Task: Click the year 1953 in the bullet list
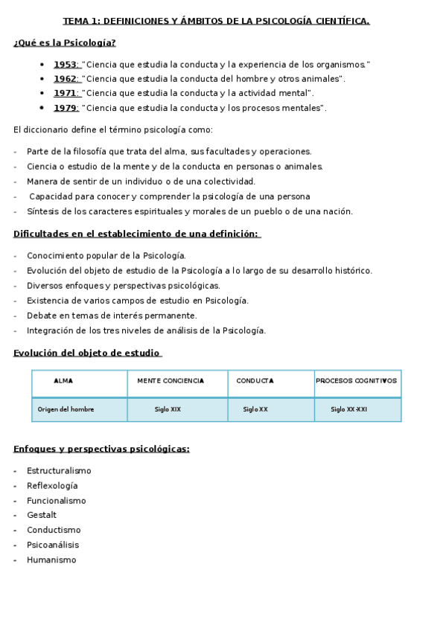pyautogui.click(x=66, y=65)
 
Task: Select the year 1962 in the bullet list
pyautogui.click(x=66, y=79)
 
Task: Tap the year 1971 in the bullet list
pyautogui.click(x=66, y=93)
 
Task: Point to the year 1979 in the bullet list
pyautogui.click(x=66, y=108)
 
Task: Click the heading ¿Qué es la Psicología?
pyautogui.click(x=65, y=42)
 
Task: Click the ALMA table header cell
pyautogui.click(x=63, y=381)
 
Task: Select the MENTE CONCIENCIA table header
pyautogui.click(x=171, y=381)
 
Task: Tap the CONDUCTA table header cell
pyautogui.click(x=255, y=381)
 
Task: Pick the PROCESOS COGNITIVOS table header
pyautogui.click(x=357, y=381)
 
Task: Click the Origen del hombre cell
pyautogui.click(x=66, y=409)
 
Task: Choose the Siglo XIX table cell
pyautogui.click(x=168, y=409)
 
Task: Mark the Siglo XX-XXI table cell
pyautogui.click(x=348, y=409)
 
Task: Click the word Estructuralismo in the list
pyautogui.click(x=59, y=471)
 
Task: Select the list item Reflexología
pyautogui.click(x=52, y=486)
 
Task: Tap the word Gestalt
pyautogui.click(x=42, y=515)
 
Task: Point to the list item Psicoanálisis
pyautogui.click(x=53, y=545)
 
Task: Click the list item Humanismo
pyautogui.click(x=51, y=560)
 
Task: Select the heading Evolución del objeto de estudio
pyautogui.click(x=87, y=353)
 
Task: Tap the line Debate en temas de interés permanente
pyautogui.click(x=112, y=315)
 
